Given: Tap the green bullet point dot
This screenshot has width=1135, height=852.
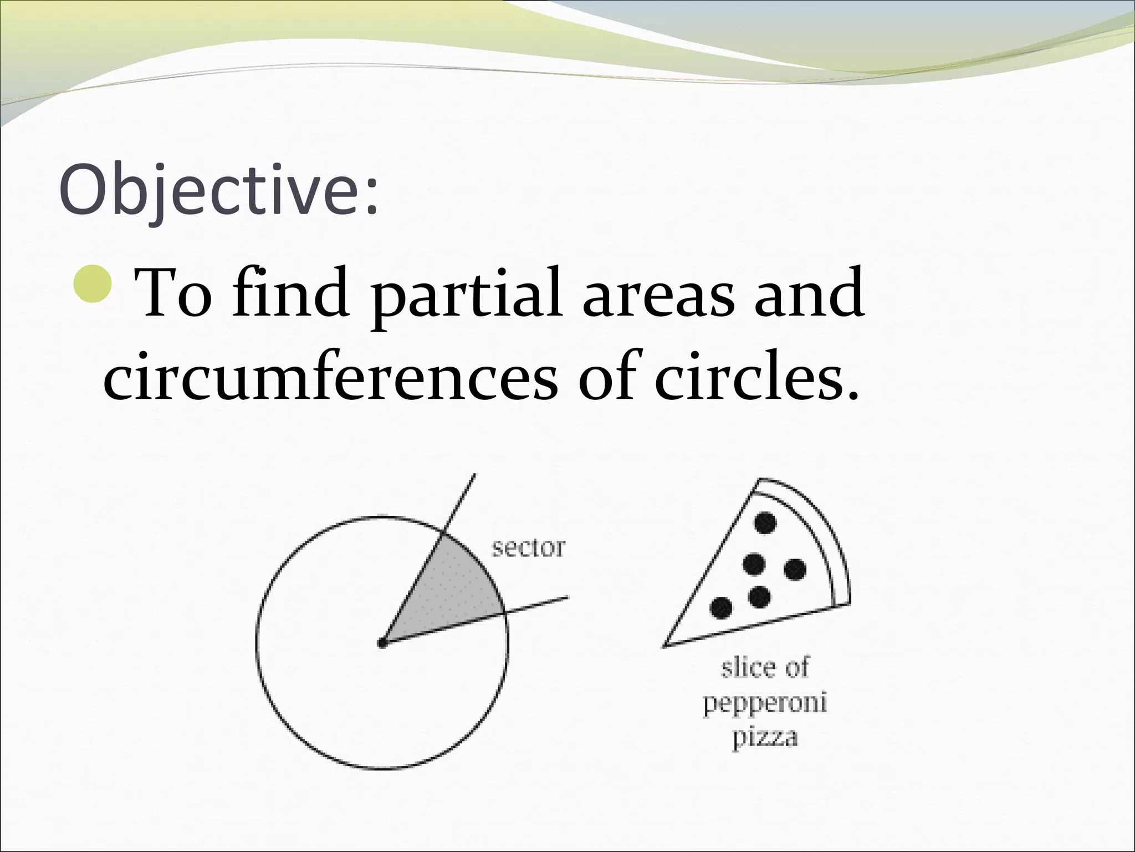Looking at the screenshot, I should (93, 283).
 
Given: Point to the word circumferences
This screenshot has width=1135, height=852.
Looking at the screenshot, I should (330, 378).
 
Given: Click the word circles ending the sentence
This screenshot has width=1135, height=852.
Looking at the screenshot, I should (756, 378).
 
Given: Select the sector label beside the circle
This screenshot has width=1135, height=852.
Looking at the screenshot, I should (528, 548).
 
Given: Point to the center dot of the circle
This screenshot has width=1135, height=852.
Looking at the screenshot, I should (382, 643).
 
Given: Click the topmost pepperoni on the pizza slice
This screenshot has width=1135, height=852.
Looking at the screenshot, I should (765, 522).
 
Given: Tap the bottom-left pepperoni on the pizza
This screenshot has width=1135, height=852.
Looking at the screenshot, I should (720, 608).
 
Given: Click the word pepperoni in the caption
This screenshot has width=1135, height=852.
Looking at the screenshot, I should (765, 703).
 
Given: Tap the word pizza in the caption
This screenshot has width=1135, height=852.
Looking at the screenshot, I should (765, 738).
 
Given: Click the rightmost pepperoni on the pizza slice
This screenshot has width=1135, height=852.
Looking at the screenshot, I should (795, 569).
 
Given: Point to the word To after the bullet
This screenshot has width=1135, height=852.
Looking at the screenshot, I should (173, 293).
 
